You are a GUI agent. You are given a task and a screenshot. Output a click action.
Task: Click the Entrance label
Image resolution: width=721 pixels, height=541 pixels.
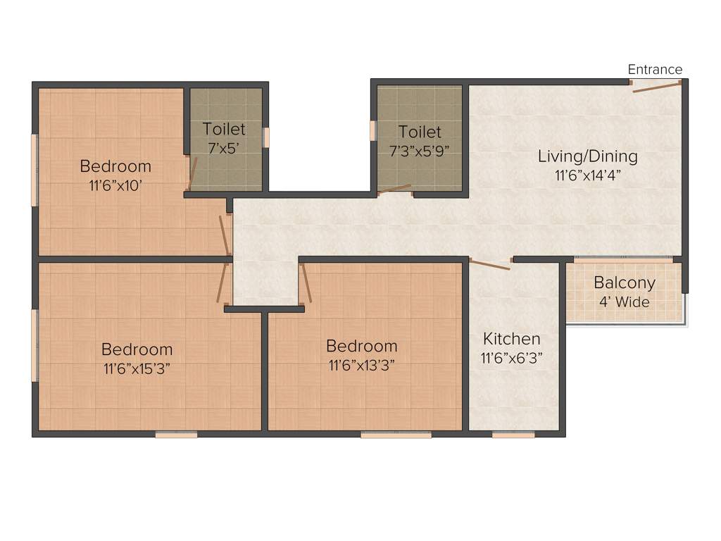pyautogui.click(x=655, y=69)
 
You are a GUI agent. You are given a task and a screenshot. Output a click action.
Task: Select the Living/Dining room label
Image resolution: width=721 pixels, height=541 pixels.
pyautogui.click(x=587, y=156)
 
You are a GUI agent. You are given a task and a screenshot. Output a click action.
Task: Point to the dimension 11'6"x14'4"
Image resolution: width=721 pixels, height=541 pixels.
pyautogui.click(x=587, y=175)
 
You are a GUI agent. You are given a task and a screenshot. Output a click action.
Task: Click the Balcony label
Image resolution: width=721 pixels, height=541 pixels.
pyautogui.click(x=624, y=283)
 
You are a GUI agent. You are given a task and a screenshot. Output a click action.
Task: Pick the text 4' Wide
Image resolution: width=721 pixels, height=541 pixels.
pyautogui.click(x=624, y=302)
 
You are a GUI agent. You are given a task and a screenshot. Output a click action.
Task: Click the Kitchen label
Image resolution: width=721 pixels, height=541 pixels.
pyautogui.click(x=511, y=339)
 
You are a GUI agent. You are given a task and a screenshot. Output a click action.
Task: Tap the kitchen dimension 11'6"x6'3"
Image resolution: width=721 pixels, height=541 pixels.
pyautogui.click(x=511, y=358)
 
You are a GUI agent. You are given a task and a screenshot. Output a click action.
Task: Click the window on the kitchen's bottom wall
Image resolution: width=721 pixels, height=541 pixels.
pyautogui.click(x=513, y=435)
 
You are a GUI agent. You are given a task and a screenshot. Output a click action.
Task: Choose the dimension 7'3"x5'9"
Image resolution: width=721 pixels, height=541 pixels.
pyautogui.click(x=420, y=150)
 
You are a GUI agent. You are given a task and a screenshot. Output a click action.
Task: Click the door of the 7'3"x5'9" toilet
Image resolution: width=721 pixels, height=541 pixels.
pyautogui.click(x=394, y=189)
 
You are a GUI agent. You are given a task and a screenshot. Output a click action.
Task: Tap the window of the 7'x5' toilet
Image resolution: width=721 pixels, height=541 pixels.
pyautogui.click(x=266, y=137)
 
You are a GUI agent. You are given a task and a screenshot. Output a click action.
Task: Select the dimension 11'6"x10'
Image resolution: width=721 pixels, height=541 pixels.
pyautogui.click(x=115, y=185)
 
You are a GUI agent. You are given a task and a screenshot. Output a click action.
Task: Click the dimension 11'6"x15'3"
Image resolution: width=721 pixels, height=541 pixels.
pyautogui.click(x=137, y=368)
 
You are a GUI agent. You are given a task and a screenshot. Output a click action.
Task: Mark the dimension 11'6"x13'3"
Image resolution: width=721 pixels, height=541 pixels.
pyautogui.click(x=361, y=365)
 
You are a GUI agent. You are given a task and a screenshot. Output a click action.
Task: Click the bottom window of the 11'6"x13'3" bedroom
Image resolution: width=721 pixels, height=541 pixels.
pyautogui.click(x=396, y=435)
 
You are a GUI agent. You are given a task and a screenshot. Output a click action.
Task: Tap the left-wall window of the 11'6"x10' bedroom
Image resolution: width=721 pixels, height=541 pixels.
pyautogui.click(x=34, y=170)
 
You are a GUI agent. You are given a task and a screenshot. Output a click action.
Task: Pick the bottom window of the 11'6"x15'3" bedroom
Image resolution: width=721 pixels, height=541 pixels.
pyautogui.click(x=176, y=435)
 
